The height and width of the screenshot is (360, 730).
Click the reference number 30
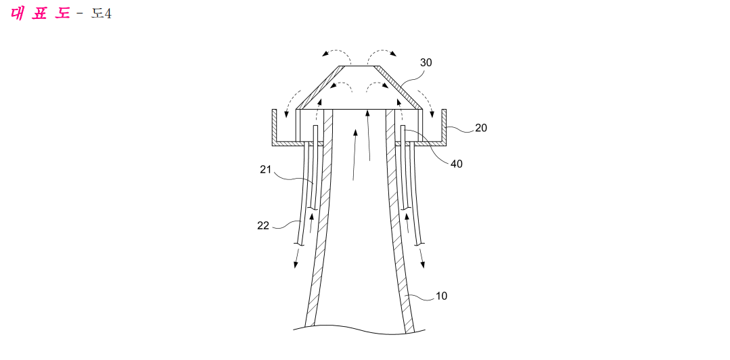(426, 63)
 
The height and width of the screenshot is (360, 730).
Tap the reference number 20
(481, 128)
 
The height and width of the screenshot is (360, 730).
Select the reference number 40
(457, 164)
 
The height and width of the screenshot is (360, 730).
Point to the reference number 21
(265, 170)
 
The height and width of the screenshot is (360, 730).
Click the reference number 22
(263, 226)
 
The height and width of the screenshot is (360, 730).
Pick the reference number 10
(441, 296)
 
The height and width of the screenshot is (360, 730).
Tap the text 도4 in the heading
(101, 14)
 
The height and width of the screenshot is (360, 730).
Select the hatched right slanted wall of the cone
(399, 87)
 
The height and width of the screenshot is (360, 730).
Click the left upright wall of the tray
(274, 126)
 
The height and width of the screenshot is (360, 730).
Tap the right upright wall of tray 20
(444, 126)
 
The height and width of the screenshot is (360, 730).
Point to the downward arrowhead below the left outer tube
(295, 264)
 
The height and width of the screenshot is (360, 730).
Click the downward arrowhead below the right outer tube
(423, 264)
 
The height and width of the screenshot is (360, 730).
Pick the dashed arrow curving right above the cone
(382, 50)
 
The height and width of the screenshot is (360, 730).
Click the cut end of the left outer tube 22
(298, 244)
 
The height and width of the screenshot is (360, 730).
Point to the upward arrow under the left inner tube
(311, 223)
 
